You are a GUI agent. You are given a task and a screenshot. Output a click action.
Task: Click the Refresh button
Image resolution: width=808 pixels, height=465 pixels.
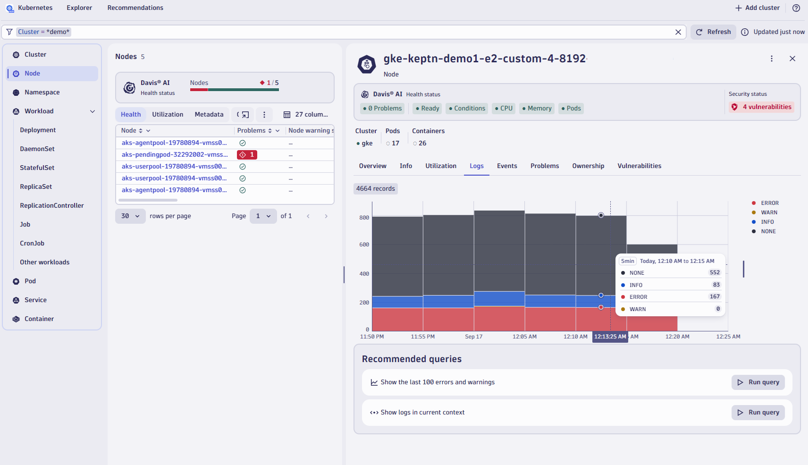[x=713, y=32]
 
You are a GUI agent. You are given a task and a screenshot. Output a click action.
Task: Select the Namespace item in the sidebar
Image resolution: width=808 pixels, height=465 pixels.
[x=42, y=93]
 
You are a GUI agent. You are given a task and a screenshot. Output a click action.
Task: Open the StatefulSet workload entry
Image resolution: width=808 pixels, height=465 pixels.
[x=37, y=168]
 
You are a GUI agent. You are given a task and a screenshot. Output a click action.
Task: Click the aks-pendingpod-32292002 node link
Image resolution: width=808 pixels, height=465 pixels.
[x=174, y=155]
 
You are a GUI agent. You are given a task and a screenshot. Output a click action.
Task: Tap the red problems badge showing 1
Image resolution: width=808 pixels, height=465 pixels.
[x=247, y=155]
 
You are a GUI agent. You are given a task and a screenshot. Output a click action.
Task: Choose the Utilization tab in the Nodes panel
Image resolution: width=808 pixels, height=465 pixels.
[x=168, y=115]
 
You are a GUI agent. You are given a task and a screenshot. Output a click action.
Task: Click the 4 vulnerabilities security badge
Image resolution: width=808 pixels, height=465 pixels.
[x=762, y=107]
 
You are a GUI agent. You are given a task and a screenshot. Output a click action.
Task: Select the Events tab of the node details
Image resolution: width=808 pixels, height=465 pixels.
[x=507, y=166]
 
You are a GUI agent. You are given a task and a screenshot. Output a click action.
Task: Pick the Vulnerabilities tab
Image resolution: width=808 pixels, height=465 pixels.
[x=639, y=166]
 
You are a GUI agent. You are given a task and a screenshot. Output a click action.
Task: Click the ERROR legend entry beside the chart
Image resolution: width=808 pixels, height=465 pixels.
[x=769, y=203]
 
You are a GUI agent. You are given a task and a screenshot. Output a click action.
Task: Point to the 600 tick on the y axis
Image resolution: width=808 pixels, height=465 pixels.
[x=364, y=245]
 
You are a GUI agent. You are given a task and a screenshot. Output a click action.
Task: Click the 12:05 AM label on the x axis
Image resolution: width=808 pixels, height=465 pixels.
[x=524, y=337]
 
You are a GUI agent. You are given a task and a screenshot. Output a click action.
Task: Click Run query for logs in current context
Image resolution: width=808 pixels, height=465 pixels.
[x=758, y=413]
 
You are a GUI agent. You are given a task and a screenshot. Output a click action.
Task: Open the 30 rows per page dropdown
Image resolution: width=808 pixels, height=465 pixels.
[x=130, y=216]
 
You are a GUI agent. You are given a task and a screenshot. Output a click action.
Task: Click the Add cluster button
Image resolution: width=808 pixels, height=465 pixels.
[x=757, y=8]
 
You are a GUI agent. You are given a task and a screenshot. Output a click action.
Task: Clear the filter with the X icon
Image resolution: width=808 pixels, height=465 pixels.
[x=678, y=32]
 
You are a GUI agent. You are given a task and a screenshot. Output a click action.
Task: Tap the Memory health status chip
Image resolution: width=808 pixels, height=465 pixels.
[x=537, y=109]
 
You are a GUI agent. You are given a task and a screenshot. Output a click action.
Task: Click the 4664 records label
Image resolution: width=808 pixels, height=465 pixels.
[x=376, y=189]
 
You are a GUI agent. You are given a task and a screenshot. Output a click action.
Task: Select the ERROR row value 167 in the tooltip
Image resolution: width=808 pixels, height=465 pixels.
[x=715, y=297]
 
